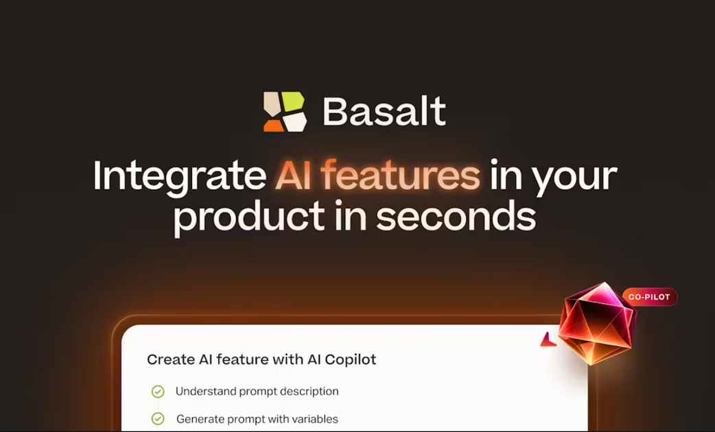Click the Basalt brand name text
click(x=384, y=111)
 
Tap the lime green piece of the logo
click(x=293, y=102)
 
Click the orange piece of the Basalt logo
click(x=273, y=124)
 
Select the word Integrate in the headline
click(x=179, y=176)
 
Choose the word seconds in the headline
click(x=456, y=216)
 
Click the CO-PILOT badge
click(x=649, y=297)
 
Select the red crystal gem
click(x=596, y=322)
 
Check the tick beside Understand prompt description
click(x=158, y=392)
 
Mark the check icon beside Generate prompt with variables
click(x=158, y=419)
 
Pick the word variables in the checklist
click(x=314, y=419)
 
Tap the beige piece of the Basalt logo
click(x=272, y=103)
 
